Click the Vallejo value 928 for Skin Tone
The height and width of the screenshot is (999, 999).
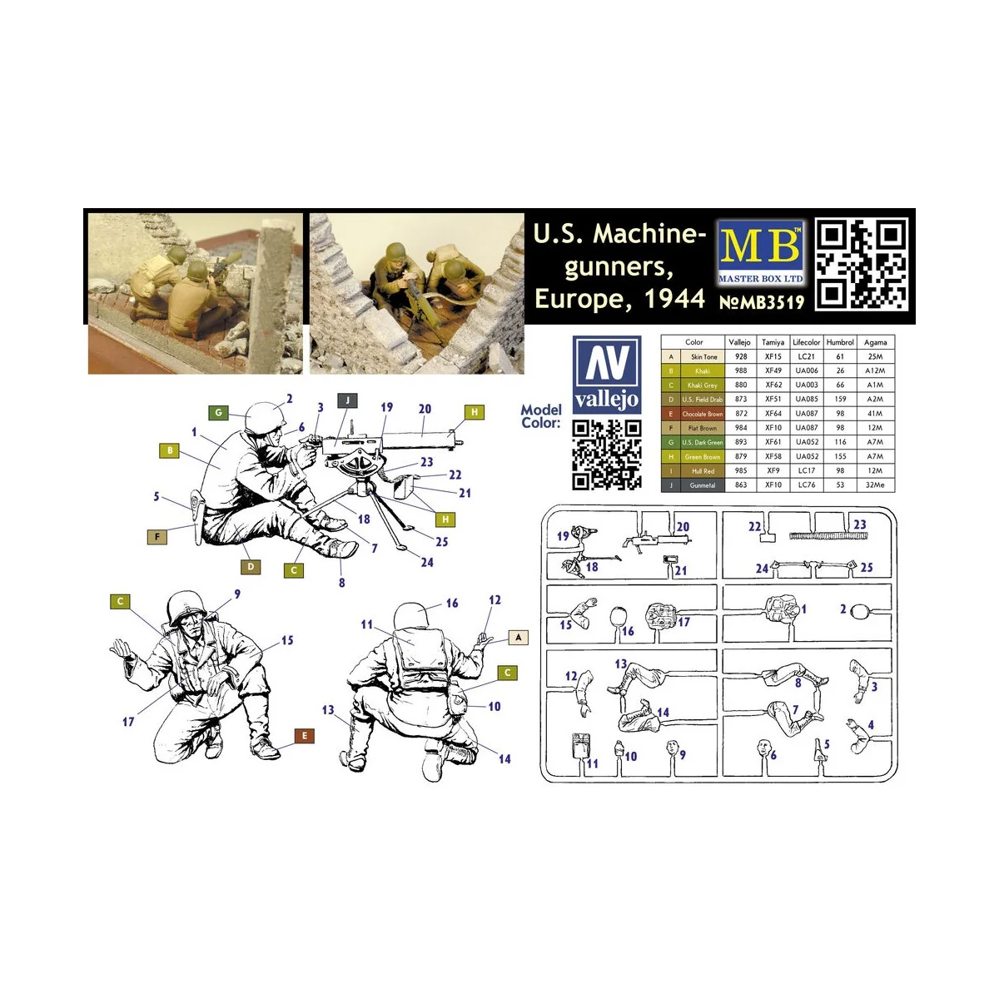[x=741, y=356]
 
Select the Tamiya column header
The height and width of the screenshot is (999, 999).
[x=773, y=342]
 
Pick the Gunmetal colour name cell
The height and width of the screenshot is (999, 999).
[x=703, y=485]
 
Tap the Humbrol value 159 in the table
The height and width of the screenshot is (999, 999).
[x=840, y=400]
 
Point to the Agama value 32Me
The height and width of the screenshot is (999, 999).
[x=874, y=485]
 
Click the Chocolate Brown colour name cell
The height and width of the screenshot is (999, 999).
[x=703, y=414]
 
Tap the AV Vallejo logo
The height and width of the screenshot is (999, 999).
[x=607, y=375]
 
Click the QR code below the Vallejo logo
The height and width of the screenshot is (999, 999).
[x=607, y=455]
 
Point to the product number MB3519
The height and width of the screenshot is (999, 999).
[x=762, y=301]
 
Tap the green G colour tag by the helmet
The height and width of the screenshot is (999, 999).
[x=218, y=413]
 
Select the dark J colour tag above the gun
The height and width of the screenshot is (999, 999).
[x=347, y=400]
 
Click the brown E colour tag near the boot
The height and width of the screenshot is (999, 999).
[x=305, y=736]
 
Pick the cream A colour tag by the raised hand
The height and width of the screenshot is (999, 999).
[x=518, y=638]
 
